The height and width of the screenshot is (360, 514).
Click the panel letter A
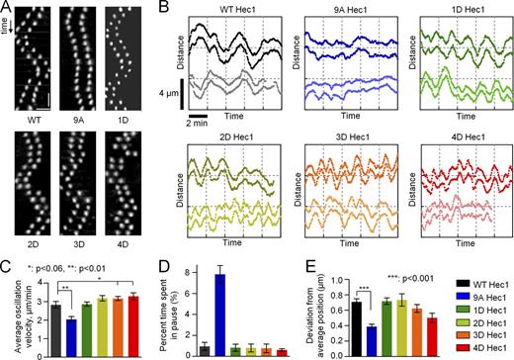coord(7,8)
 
